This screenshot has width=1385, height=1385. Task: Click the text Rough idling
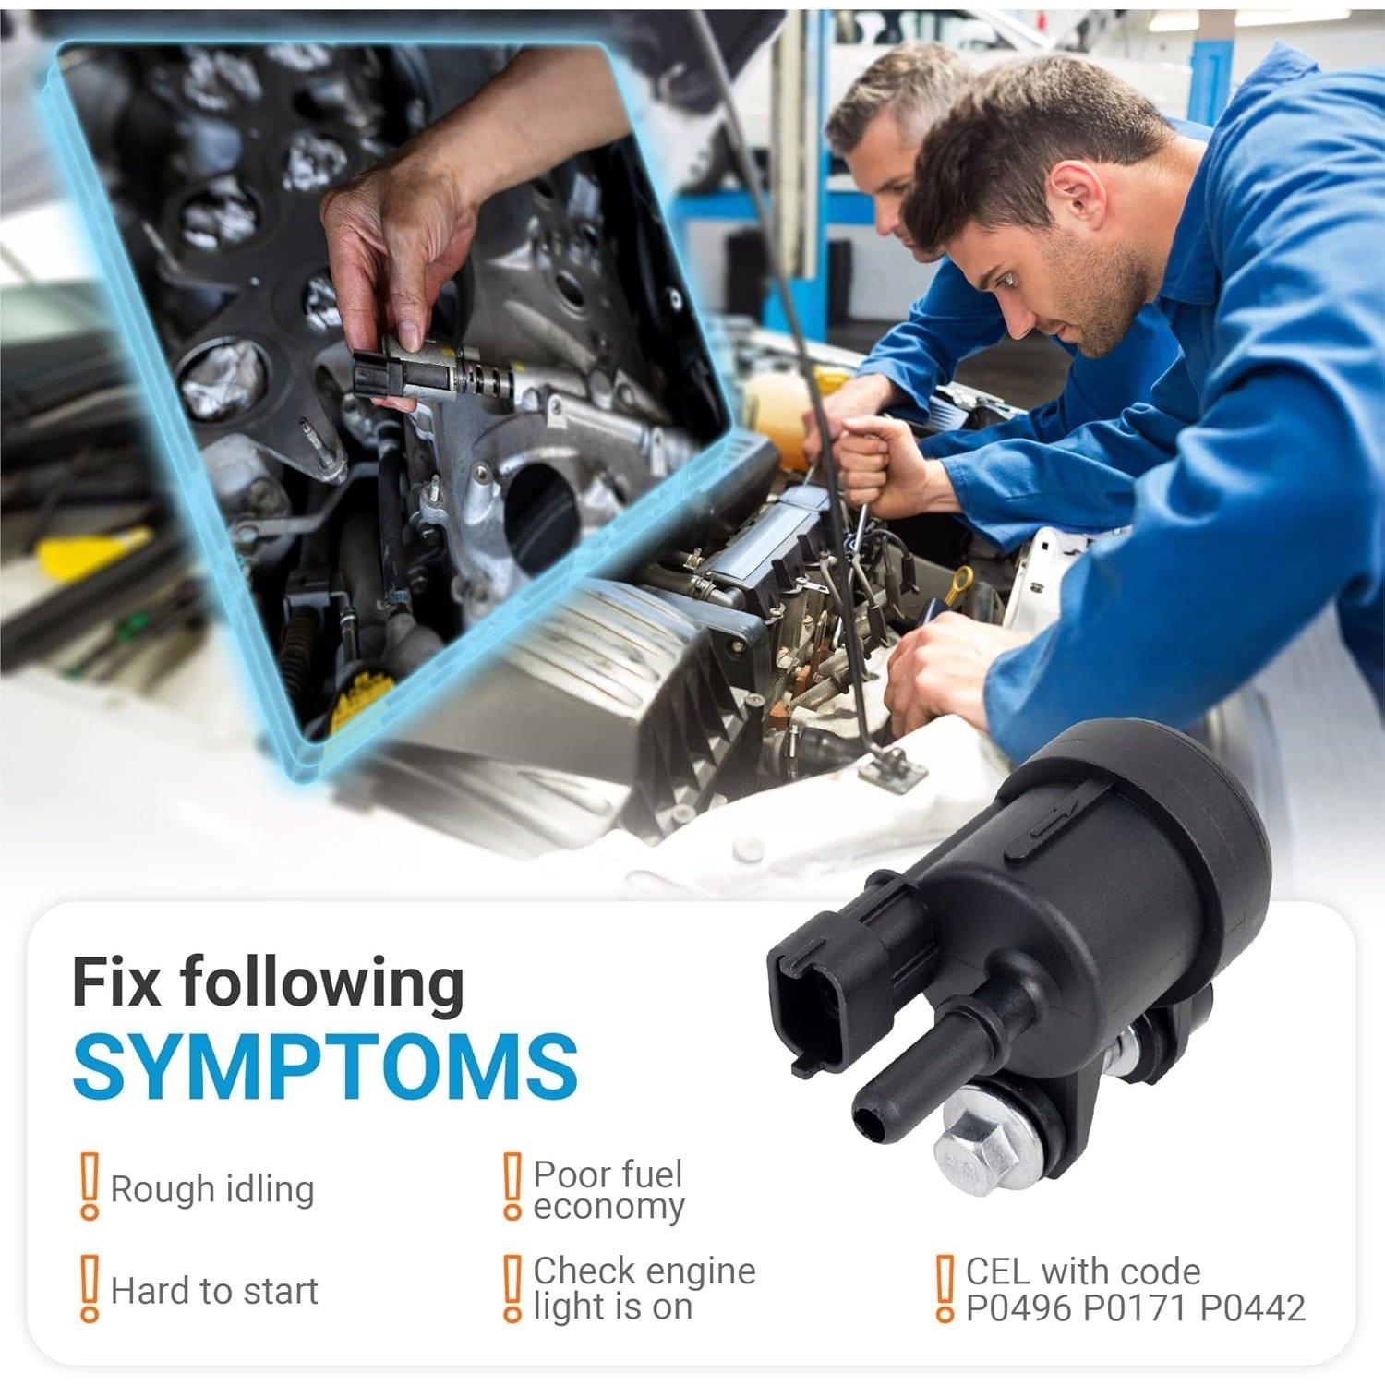(212, 1189)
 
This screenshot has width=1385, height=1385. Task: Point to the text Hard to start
(214, 1291)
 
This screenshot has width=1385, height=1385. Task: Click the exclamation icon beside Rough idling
(90, 1186)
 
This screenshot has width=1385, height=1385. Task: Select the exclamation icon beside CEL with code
(944, 1288)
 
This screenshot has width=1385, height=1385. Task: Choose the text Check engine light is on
(644, 1289)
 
